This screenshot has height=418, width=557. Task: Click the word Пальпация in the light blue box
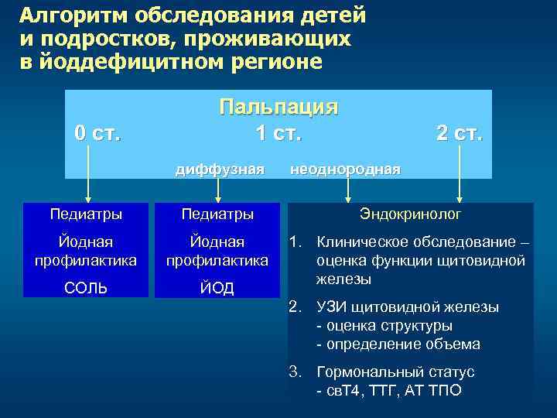click(x=278, y=106)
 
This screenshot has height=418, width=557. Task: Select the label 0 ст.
click(x=97, y=133)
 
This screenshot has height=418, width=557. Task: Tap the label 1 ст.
click(x=278, y=133)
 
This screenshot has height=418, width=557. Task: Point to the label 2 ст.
click(x=460, y=133)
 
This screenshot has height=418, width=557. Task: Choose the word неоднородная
click(x=345, y=168)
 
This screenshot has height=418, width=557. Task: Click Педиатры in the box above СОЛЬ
click(x=86, y=213)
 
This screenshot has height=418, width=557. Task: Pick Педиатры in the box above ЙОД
click(x=217, y=213)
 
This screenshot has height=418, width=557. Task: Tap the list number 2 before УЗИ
click(x=296, y=307)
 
